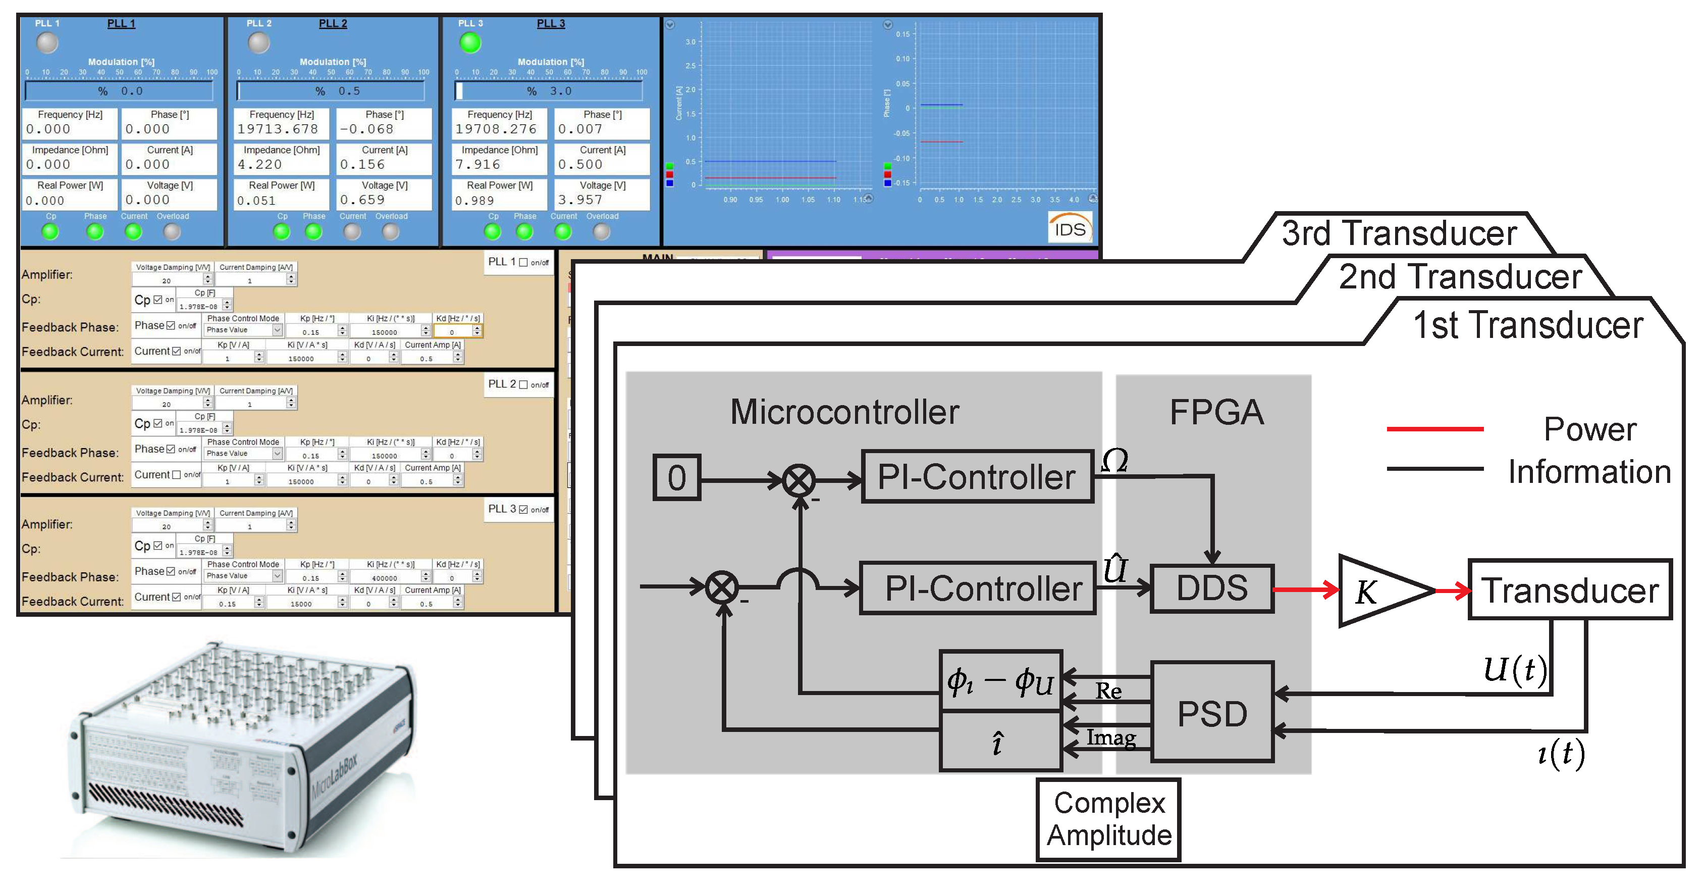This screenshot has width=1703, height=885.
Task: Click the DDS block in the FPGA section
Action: pos(1211,588)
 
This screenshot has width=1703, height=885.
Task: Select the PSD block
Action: pos(1212,712)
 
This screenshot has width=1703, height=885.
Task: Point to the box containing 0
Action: pos(676,477)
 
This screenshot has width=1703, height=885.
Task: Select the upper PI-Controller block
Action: pos(977,477)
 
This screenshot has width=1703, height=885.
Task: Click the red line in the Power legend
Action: pos(1434,429)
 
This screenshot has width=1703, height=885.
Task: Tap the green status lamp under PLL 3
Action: pos(470,43)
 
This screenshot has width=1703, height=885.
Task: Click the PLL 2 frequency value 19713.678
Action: pos(278,129)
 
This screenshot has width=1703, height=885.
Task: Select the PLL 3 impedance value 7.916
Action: pos(477,164)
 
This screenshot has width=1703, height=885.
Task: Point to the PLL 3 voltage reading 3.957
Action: pos(580,199)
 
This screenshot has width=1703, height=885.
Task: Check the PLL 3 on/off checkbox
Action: pos(523,509)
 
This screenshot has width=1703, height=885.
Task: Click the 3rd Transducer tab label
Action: pos(1398,233)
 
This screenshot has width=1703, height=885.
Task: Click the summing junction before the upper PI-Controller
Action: pos(799,481)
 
